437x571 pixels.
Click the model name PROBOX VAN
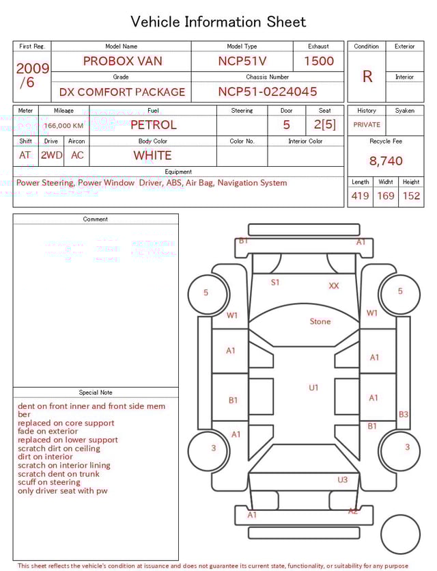click(x=123, y=61)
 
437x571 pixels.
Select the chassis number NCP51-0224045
click(x=268, y=92)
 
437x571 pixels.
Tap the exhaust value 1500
click(x=319, y=61)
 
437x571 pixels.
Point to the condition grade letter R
click(x=367, y=76)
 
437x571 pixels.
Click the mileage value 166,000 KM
click(x=64, y=126)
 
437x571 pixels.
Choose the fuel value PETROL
click(x=153, y=124)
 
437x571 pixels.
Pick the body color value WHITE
click(x=152, y=155)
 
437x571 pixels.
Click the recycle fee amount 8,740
click(x=386, y=161)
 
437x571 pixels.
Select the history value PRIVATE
click(x=367, y=125)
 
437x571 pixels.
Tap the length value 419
click(x=360, y=196)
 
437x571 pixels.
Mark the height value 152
click(x=411, y=196)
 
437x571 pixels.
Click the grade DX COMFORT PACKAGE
click(x=122, y=92)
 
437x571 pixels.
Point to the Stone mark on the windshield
click(x=320, y=321)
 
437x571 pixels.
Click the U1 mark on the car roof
click(x=313, y=388)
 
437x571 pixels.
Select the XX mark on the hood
click(x=334, y=286)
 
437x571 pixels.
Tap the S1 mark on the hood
click(x=275, y=282)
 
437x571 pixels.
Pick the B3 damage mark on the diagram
click(x=404, y=414)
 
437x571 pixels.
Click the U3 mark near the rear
click(x=343, y=480)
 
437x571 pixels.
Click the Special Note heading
click(x=96, y=393)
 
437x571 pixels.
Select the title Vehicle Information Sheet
click(x=218, y=22)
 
